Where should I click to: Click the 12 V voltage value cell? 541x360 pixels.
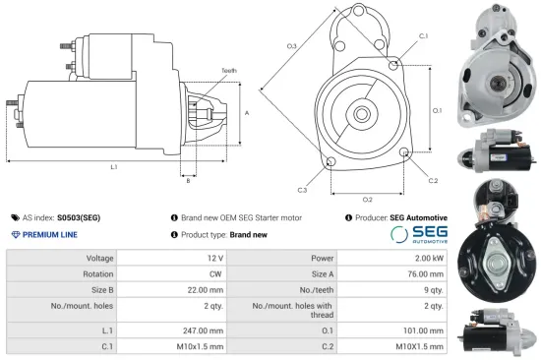[215, 258]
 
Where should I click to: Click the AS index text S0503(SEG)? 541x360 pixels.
[78, 217]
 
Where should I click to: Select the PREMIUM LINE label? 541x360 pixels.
[49, 234]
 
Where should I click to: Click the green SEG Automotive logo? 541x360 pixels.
[416, 234]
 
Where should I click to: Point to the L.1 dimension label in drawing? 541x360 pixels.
[114, 167]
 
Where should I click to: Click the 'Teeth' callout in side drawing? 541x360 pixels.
[228, 71]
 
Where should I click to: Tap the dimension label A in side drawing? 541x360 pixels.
[246, 113]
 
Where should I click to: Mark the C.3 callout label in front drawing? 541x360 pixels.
[301, 190]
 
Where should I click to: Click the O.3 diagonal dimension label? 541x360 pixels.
[292, 46]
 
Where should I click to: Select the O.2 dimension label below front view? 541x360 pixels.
[367, 200]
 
